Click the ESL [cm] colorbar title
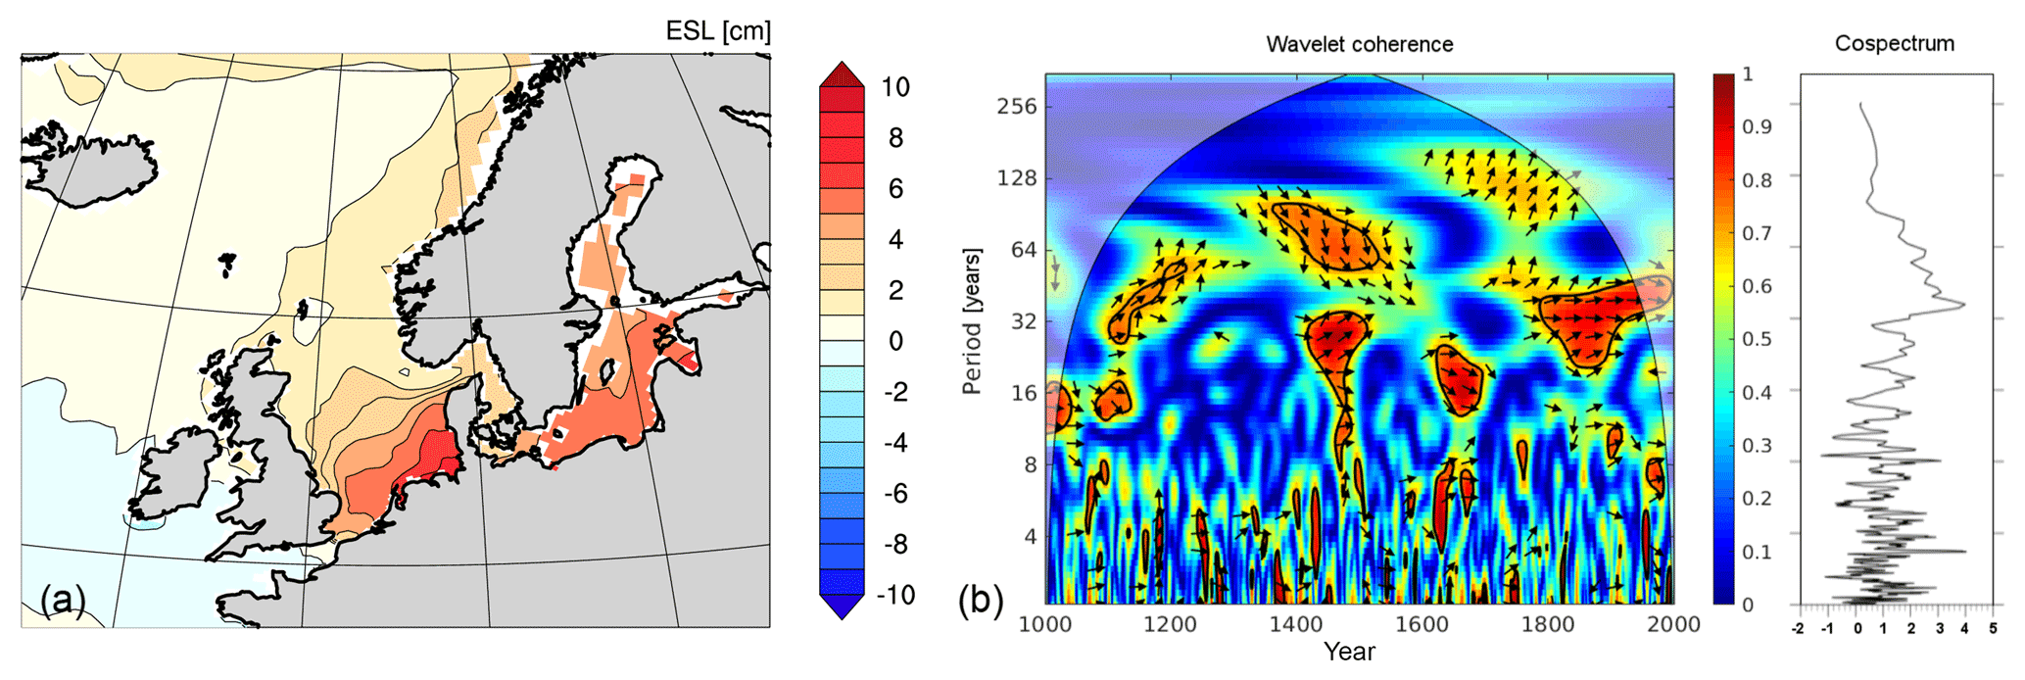pos(717,31)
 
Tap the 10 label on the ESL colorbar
pos(894,87)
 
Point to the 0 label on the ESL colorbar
pos(894,341)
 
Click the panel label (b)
pos(981,599)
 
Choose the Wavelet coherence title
pos(1359,44)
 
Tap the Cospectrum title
pos(1894,44)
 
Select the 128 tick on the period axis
pos(1016,178)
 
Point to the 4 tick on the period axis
pos(1030,536)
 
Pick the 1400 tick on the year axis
pos(1295,625)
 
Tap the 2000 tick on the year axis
pos(1672,625)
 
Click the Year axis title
pos(1349,652)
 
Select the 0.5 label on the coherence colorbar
pos(1758,339)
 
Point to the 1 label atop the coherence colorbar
pos(1748,74)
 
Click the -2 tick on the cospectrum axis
pos(1797,630)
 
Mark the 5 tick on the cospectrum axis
pos(1992,630)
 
